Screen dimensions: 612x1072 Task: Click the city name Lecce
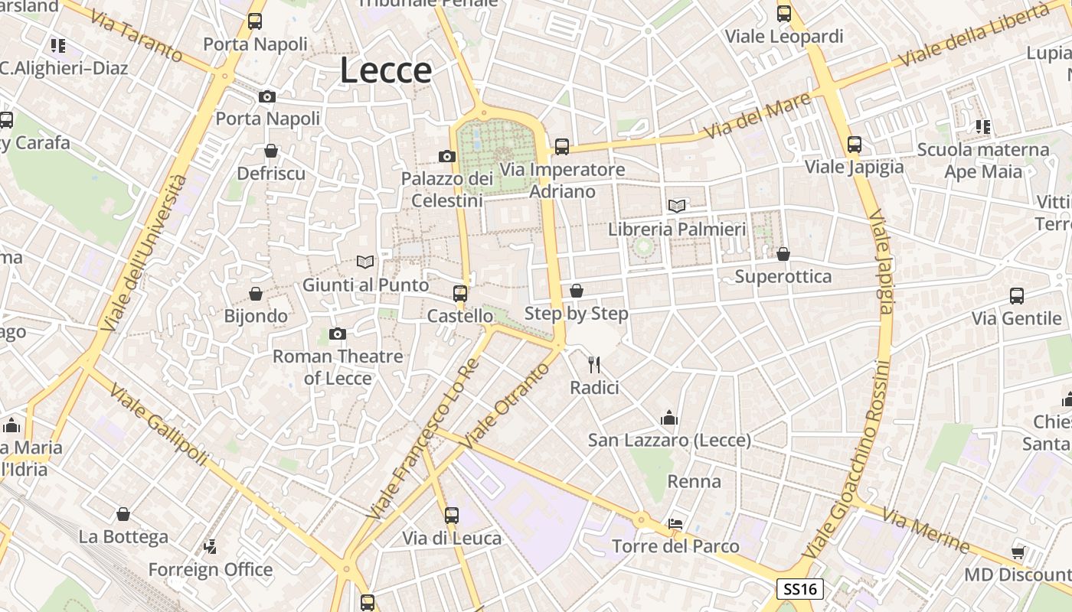click(386, 70)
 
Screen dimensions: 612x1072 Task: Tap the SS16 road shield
click(801, 589)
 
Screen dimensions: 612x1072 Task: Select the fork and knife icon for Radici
click(594, 365)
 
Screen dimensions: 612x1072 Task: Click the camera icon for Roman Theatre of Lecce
click(337, 334)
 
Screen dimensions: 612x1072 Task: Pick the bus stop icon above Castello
click(459, 293)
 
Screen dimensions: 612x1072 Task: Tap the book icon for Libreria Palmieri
click(677, 206)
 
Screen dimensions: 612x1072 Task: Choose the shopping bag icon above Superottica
click(783, 253)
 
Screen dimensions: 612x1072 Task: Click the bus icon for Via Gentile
click(1016, 296)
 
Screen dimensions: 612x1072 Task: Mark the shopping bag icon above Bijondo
click(256, 293)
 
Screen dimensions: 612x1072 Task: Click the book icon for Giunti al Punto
click(365, 262)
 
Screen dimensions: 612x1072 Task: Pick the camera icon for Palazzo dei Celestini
click(447, 156)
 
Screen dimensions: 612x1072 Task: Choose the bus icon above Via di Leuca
click(452, 515)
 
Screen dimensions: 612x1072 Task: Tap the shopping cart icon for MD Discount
click(1018, 552)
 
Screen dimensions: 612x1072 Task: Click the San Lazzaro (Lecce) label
click(669, 441)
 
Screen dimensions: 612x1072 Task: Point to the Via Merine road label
click(925, 529)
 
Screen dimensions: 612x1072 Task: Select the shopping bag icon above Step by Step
click(576, 291)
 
